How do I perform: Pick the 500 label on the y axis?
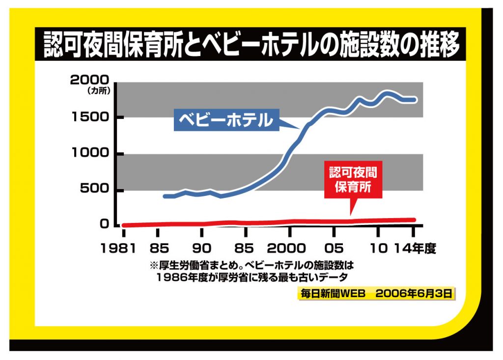tap(96, 190)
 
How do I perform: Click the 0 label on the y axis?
tap(104, 224)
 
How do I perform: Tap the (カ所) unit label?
tap(100, 91)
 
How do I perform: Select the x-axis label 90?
tap(202, 248)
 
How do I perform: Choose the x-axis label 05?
tap(334, 248)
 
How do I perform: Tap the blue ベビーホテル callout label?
tap(225, 120)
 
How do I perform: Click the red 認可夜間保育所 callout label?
tap(353, 180)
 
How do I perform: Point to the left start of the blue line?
tap(165, 196)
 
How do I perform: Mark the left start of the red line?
tap(123, 225)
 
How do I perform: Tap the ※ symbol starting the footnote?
tap(153, 266)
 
